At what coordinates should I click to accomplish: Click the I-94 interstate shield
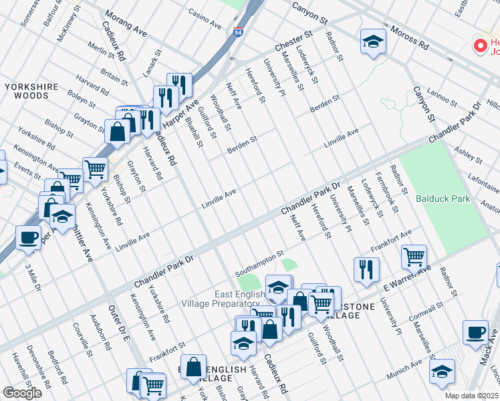[x=239, y=31]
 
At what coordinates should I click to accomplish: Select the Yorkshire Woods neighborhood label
[x=27, y=92]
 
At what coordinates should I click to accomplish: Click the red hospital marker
[x=479, y=45]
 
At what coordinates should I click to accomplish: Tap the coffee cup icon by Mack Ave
[x=475, y=332]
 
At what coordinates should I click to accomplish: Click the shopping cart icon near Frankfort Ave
[x=414, y=256]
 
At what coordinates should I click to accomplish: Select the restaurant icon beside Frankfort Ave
[x=366, y=269]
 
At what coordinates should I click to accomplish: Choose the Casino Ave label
[x=205, y=19]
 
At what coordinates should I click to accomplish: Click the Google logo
[x=22, y=393]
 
